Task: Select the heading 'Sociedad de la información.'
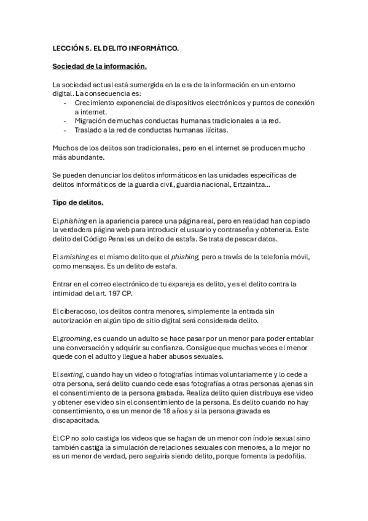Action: [100, 66]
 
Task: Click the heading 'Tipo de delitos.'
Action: [78, 202]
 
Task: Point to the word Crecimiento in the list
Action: [95, 103]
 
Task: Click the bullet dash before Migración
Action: [66, 121]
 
